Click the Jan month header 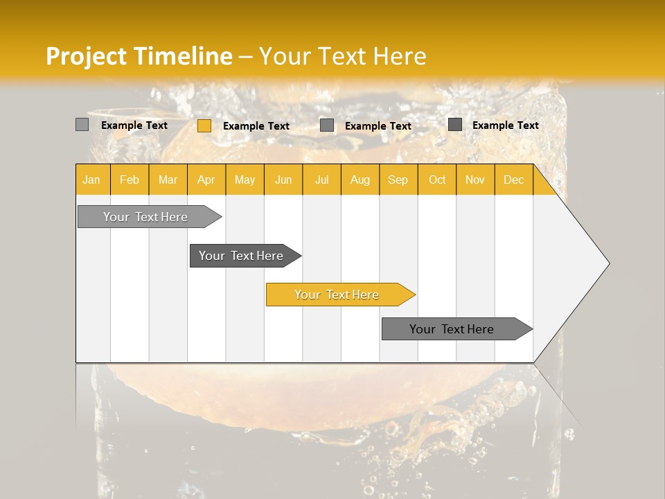point(91,180)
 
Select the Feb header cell point(130,180)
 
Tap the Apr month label point(206,180)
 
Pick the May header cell point(245,180)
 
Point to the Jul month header point(321,180)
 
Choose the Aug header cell point(360,180)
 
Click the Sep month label point(398,180)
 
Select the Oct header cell point(437,180)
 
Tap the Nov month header point(475,180)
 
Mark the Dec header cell point(513,180)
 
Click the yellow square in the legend point(204,125)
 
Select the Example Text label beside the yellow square point(256,126)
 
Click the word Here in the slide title point(400,56)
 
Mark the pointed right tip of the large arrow point(608,263)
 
